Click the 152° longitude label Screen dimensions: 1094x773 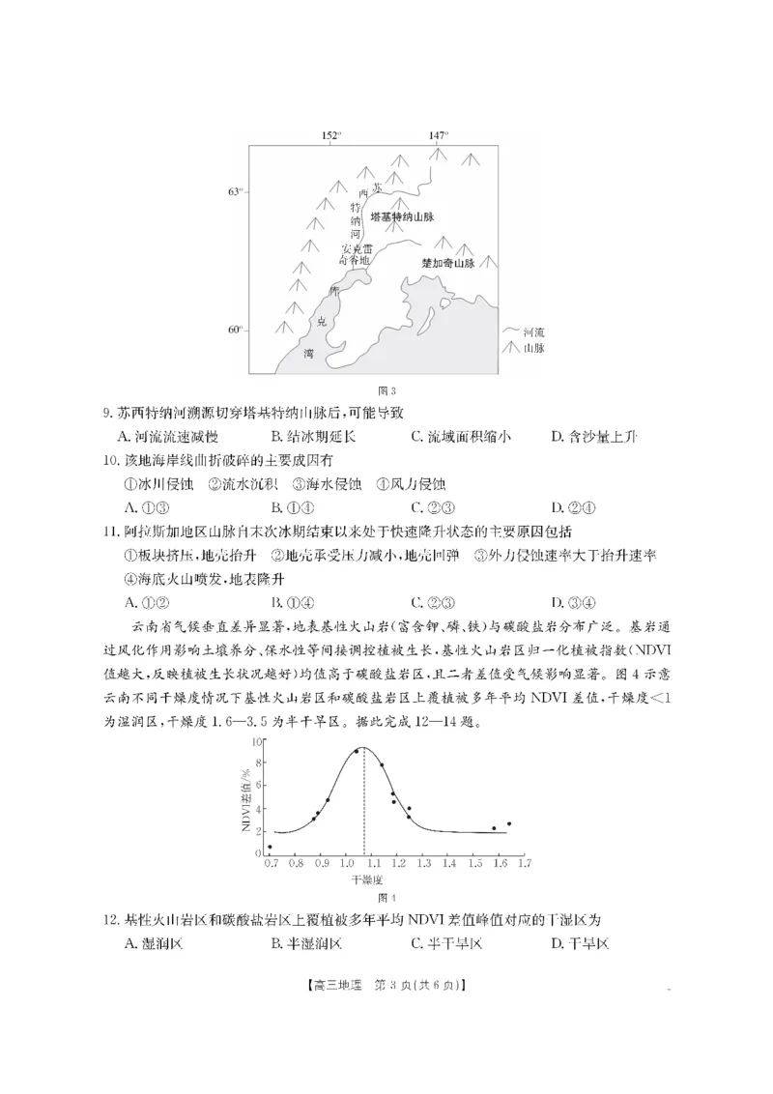point(331,136)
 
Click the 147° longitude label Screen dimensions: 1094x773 point(439,136)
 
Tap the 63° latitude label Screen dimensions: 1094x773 point(235,192)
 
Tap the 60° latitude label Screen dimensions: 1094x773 point(235,330)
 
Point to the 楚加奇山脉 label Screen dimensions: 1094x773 point(448,263)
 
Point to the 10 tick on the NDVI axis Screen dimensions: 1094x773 point(257,741)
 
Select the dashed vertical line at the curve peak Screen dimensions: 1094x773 point(364,802)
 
